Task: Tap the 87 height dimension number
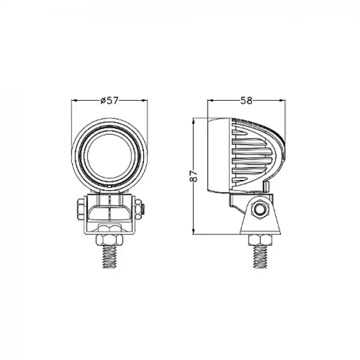[193, 176]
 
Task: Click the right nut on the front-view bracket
[139, 209]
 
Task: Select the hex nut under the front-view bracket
[109, 231]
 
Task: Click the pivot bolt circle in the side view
[260, 209]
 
